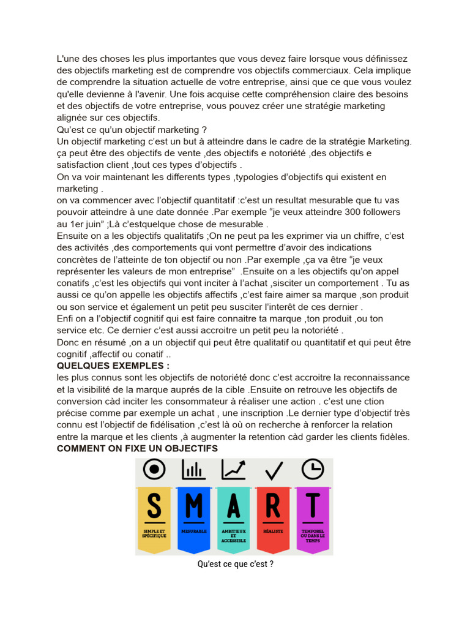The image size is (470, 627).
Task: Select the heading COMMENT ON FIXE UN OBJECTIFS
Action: click(137, 449)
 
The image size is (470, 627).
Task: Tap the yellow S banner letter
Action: click(154, 505)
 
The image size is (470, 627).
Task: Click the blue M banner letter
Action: click(194, 505)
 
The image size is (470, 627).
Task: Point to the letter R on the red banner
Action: click(273, 505)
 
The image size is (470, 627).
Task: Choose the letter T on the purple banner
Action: click(313, 505)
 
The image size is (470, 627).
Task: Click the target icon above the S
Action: click(154, 470)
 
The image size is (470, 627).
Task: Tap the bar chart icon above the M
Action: click(193, 470)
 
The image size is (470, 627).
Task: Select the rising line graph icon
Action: click(234, 470)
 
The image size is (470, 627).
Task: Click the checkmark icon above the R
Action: click(274, 470)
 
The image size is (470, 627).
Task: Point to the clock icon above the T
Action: click(313, 469)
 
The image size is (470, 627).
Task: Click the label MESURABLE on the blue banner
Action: click(194, 531)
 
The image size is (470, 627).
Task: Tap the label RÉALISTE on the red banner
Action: click(273, 531)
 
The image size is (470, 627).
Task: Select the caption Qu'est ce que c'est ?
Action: click(235, 564)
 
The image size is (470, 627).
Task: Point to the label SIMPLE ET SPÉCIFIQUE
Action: click(154, 533)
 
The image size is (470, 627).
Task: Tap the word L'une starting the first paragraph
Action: click(69, 59)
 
